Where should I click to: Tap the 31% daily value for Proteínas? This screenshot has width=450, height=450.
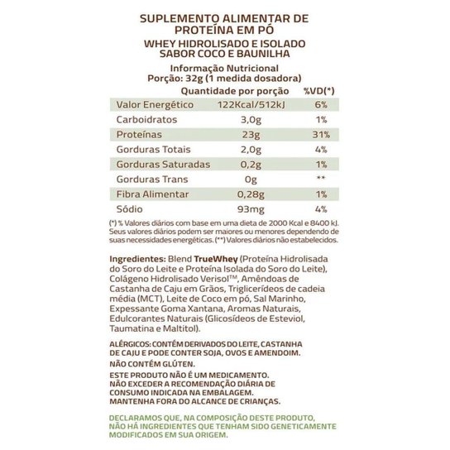point(322,135)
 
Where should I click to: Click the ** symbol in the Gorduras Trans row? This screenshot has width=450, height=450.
point(322,180)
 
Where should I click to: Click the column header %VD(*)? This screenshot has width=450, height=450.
point(319,89)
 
